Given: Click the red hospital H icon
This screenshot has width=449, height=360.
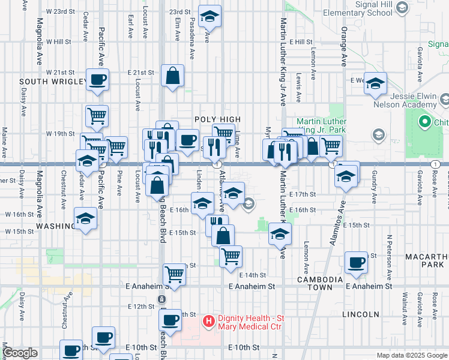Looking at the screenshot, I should pos(208,322).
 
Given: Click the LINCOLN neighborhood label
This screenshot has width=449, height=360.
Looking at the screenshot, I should pos(361,314).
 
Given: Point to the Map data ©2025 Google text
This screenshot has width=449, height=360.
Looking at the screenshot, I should pos(411,355).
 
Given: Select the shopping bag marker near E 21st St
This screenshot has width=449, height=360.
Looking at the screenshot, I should pos(172,76).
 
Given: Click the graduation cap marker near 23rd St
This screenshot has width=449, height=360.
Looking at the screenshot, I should pos(209,16).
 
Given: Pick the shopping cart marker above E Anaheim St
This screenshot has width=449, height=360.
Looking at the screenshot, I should pos(174,274).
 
